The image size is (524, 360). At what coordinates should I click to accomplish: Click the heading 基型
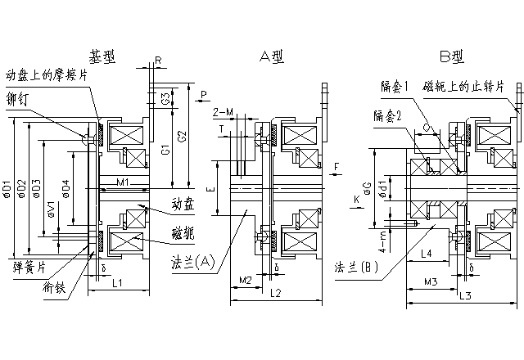tap(103, 57)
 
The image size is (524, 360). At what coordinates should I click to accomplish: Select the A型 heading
tap(271, 56)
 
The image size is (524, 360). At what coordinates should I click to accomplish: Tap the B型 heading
tap(450, 56)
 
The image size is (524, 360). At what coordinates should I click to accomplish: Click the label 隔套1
tap(395, 85)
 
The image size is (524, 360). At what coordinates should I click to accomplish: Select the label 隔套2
tap(387, 116)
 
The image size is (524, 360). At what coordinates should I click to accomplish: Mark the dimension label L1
tap(118, 283)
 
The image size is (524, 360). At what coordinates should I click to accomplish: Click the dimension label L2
tap(275, 292)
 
